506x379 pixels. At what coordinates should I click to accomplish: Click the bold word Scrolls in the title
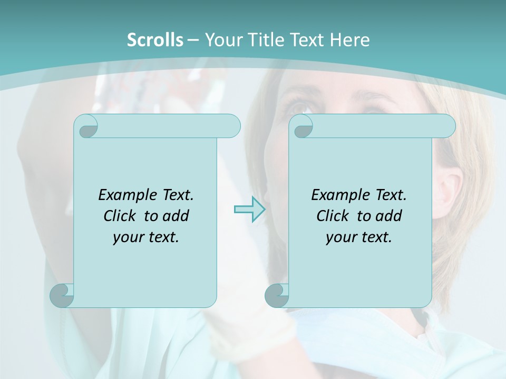click(x=155, y=40)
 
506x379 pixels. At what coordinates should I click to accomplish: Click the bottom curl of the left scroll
click(x=62, y=295)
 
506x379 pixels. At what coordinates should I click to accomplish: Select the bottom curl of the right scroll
click(x=277, y=295)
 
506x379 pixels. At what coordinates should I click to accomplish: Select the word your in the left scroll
click(x=126, y=237)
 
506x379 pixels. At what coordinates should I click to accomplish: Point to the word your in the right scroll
click(x=339, y=237)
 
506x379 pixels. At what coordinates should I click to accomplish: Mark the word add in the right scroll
click(x=388, y=216)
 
